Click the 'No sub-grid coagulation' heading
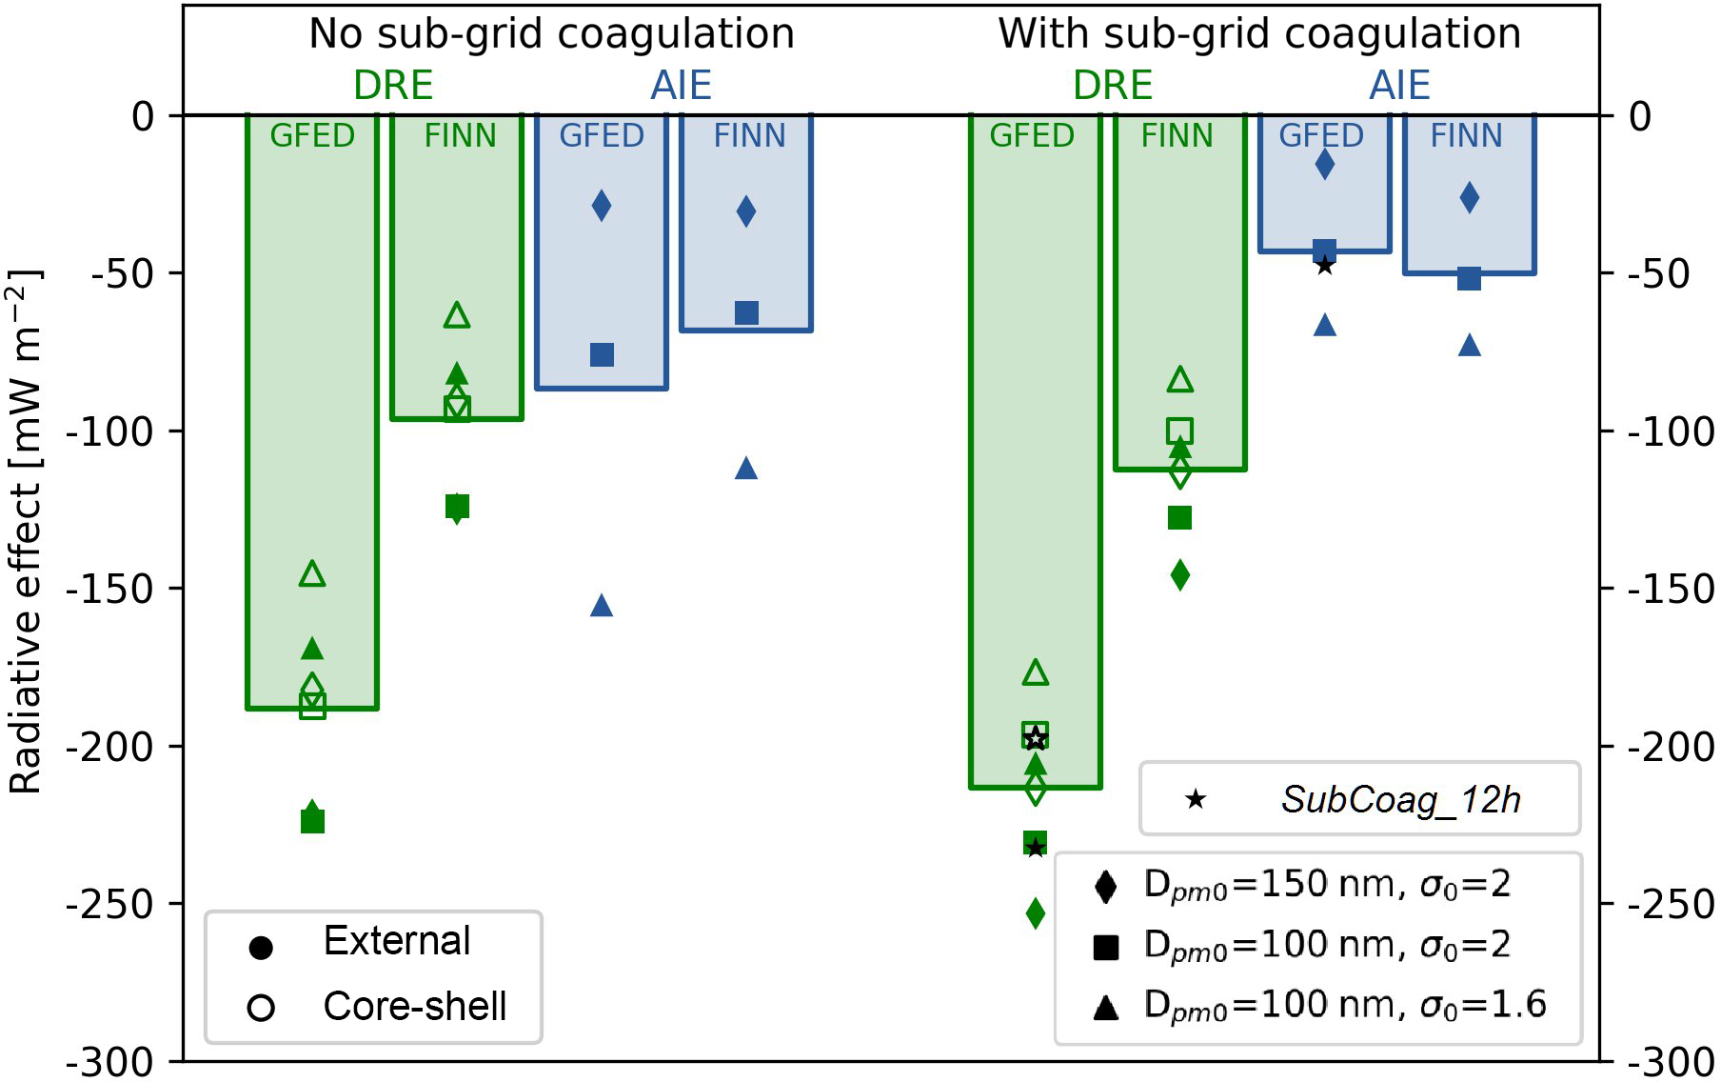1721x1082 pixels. (x=551, y=34)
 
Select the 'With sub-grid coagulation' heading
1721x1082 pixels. (x=1258, y=34)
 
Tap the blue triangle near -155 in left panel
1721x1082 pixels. (x=602, y=605)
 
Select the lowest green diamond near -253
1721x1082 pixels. (x=1036, y=913)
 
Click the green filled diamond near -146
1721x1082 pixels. (x=1180, y=574)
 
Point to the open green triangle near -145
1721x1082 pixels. (x=312, y=573)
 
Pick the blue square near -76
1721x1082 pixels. (x=602, y=354)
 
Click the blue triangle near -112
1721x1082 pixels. (x=746, y=468)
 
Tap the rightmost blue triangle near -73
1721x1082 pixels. (x=1470, y=345)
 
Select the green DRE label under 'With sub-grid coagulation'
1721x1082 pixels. (x=1112, y=86)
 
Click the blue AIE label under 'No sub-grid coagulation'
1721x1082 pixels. (x=681, y=86)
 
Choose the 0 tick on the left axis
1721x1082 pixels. (x=143, y=116)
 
